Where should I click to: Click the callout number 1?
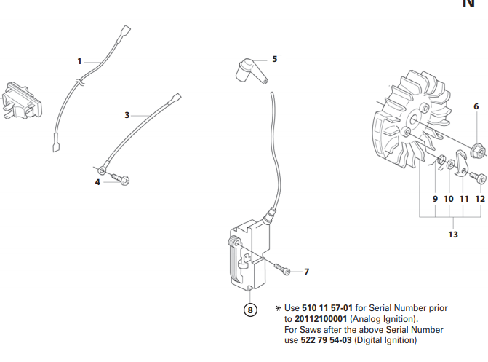click(x=80, y=61)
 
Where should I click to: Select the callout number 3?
click(x=127, y=115)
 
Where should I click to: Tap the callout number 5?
click(x=274, y=59)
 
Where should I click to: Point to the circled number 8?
click(x=250, y=310)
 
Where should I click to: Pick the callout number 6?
click(x=476, y=107)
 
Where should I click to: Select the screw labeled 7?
click(x=283, y=269)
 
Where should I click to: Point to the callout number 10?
click(x=448, y=198)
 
